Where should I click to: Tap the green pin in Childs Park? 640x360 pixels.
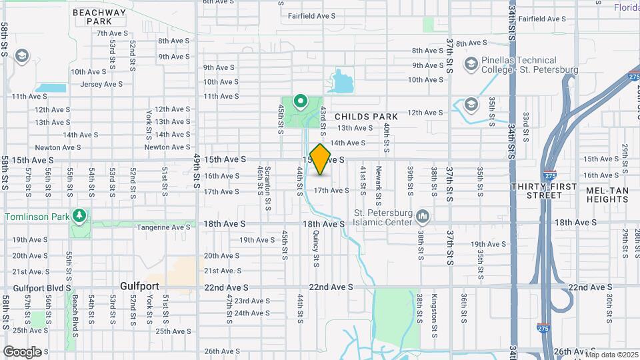(x=301, y=102)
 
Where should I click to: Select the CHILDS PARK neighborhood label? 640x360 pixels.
(x=366, y=117)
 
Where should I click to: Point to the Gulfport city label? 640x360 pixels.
(x=139, y=286)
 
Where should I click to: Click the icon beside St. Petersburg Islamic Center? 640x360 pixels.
(x=423, y=217)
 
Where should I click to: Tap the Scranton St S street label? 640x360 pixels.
(x=267, y=188)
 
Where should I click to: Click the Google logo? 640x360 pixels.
(x=22, y=351)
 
